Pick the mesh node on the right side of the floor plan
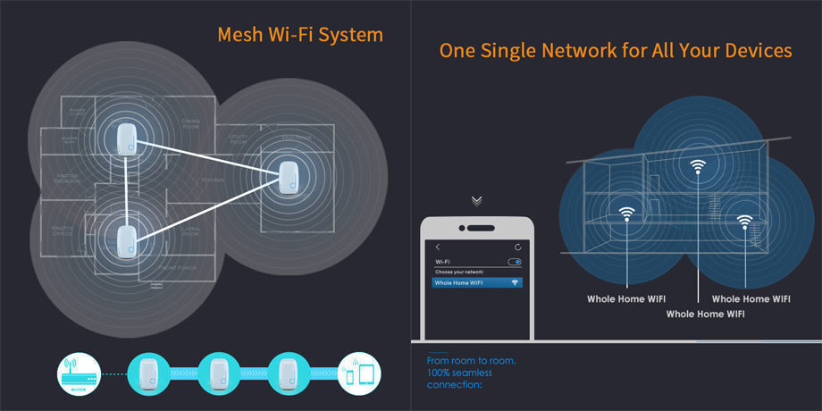(x=289, y=179)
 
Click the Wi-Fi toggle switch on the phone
(x=514, y=262)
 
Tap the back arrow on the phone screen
(x=438, y=247)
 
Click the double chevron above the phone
(x=477, y=200)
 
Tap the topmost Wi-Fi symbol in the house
(x=698, y=166)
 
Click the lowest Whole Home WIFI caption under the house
(x=706, y=314)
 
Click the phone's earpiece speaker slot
(x=477, y=225)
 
